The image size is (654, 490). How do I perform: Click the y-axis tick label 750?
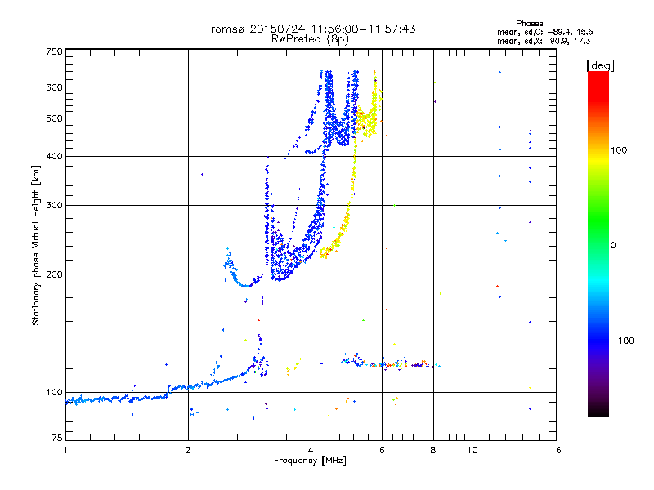point(55,51)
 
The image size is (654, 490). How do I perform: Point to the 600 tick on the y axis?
point(55,87)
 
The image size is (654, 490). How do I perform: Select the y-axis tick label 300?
point(55,206)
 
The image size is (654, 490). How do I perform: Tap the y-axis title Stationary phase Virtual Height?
point(36,245)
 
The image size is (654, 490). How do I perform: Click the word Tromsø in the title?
point(225,29)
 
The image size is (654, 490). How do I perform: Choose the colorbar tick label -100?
point(623,341)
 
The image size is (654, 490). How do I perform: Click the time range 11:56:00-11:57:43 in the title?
point(356,29)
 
